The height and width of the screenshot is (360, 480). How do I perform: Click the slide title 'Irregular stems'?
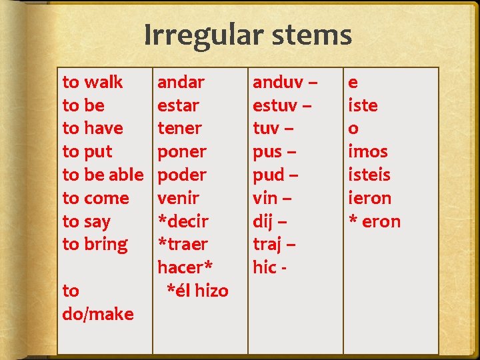(x=247, y=35)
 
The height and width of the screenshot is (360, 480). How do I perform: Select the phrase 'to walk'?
(x=92, y=82)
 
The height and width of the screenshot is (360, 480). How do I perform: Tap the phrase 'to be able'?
(x=103, y=175)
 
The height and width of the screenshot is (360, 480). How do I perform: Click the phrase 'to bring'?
(x=95, y=244)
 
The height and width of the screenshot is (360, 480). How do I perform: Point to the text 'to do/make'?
(x=97, y=302)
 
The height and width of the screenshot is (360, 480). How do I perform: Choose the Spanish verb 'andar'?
(x=181, y=82)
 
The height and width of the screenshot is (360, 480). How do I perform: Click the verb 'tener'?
(x=179, y=128)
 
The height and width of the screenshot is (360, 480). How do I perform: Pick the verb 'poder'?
(x=181, y=175)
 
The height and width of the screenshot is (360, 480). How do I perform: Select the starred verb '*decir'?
(x=183, y=221)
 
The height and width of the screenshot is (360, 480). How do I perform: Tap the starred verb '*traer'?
(x=183, y=244)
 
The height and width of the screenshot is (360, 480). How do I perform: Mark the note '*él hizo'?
(x=197, y=291)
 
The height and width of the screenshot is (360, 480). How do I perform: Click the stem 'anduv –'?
(x=285, y=82)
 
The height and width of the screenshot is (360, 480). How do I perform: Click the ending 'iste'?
(x=363, y=105)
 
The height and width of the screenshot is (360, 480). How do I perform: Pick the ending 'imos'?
(x=367, y=151)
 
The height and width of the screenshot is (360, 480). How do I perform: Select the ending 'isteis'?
(x=369, y=175)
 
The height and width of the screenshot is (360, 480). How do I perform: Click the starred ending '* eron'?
(x=374, y=221)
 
